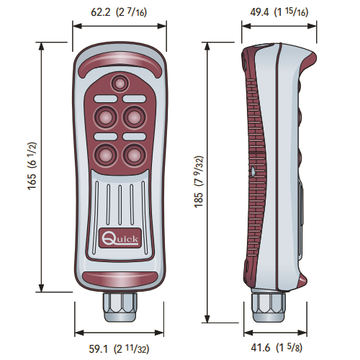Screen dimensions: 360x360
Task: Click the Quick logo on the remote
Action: tap(120, 238)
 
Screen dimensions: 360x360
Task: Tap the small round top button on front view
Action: tap(120, 84)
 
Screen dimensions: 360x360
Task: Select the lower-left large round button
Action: tap(106, 155)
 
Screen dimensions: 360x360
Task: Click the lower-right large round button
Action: tap(134, 155)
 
